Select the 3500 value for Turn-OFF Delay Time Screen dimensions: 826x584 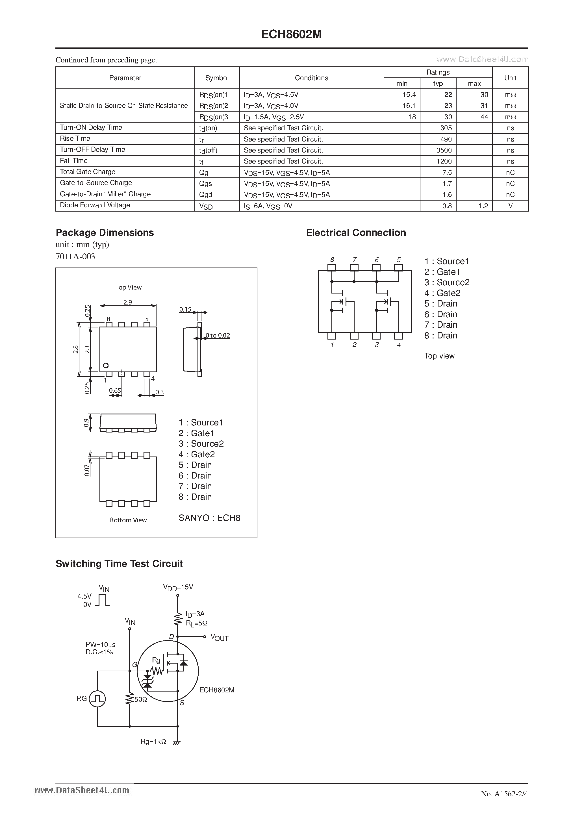tap(444, 150)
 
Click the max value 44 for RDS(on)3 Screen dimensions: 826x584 tap(484, 117)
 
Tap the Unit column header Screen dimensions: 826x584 tap(510, 78)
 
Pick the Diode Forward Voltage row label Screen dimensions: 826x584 tap(95, 205)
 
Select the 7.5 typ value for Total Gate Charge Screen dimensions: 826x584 tap(447, 172)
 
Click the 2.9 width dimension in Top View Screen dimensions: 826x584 tap(128, 302)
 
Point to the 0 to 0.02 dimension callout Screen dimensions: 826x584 tap(217, 335)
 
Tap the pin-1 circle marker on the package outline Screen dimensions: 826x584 tap(106, 366)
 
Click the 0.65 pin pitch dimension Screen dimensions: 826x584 tap(115, 390)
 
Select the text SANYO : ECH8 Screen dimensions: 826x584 tap(209, 518)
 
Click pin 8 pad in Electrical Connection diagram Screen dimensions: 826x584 tap(332, 267)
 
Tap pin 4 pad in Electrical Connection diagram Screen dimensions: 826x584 tap(398, 336)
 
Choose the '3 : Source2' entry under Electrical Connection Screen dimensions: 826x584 tap(446, 282)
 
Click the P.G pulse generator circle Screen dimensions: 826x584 tap(97, 699)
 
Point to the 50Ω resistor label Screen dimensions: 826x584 tap(141, 699)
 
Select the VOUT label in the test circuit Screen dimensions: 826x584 tap(220, 638)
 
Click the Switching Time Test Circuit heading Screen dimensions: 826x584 tap(119, 564)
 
